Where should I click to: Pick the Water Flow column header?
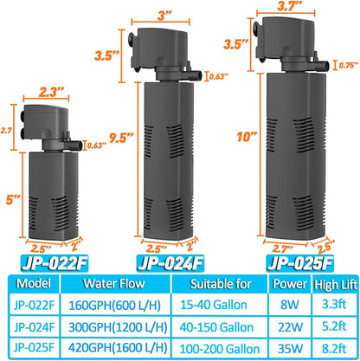click(119, 281)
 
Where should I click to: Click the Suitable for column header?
click(219, 281)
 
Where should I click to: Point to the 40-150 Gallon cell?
click(219, 324)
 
